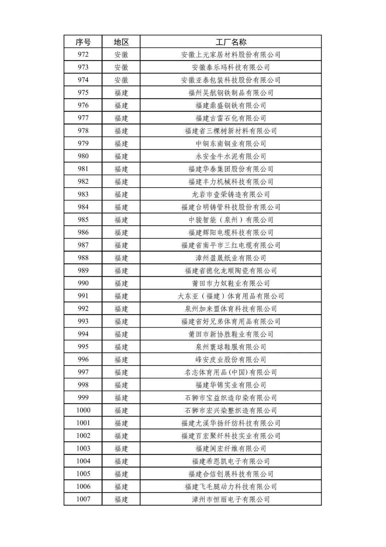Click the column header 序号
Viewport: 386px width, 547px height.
tap(83, 42)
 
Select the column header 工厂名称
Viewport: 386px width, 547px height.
tap(231, 42)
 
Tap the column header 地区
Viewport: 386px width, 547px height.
tap(121, 42)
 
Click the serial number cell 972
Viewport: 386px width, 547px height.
tap(83, 54)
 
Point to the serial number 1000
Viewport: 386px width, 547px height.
tap(83, 410)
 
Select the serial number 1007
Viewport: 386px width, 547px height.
tap(83, 499)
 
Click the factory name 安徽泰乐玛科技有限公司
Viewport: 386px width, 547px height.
tap(231, 67)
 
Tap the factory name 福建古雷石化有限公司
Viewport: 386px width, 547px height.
tap(231, 118)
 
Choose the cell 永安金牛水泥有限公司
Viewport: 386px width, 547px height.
tap(231, 156)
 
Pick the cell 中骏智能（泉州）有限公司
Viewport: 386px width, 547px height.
tap(231, 220)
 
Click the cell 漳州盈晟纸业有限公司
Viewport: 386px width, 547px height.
tap(231, 258)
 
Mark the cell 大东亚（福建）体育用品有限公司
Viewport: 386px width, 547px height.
tap(231, 296)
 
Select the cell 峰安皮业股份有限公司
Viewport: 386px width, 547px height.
tap(231, 359)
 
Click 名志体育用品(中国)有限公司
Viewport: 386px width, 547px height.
tap(231, 372)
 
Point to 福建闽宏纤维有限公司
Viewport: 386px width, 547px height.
tap(231, 449)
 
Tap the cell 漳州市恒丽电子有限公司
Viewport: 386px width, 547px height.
tap(231, 499)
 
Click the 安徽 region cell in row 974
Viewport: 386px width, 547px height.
tap(121, 80)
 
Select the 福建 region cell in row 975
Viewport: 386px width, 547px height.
tap(121, 93)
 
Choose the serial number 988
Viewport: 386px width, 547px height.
tap(83, 258)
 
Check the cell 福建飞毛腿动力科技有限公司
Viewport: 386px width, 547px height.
tap(231, 487)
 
